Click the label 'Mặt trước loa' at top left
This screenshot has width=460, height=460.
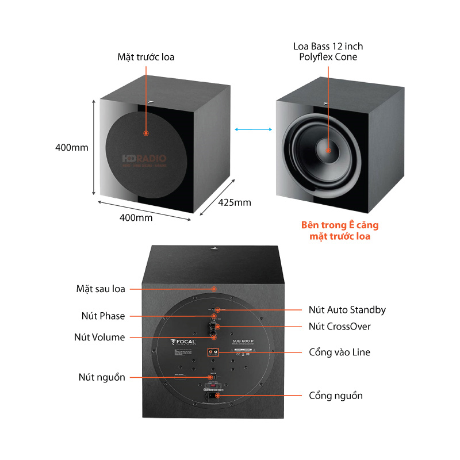coord(145,57)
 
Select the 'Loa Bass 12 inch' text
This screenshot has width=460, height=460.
coord(328,46)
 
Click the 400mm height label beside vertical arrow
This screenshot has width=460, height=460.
coord(72,147)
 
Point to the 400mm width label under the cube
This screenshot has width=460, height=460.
coord(136,218)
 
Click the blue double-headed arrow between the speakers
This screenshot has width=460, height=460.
coord(254,131)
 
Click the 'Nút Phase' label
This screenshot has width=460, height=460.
coord(103,316)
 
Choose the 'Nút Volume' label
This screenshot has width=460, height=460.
coord(99,337)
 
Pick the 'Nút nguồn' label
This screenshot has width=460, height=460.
coord(102,377)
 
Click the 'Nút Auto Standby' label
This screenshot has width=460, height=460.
coord(347,310)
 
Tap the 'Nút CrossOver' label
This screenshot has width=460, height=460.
coord(339,327)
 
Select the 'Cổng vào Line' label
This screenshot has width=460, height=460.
coord(339,352)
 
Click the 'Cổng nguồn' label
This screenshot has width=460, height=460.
coord(336,396)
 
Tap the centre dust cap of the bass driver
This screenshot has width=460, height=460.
coord(328,151)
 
